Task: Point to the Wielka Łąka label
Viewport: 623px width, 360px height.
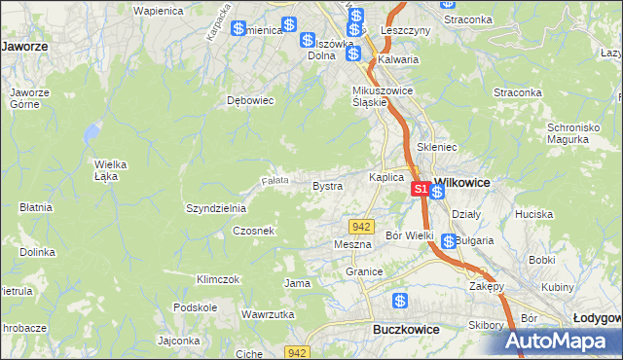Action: pyautogui.click(x=112, y=169)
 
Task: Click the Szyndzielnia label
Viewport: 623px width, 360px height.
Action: pyautogui.click(x=216, y=208)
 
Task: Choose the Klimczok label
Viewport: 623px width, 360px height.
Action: pyautogui.click(x=217, y=279)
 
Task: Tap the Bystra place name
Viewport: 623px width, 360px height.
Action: pyautogui.click(x=326, y=185)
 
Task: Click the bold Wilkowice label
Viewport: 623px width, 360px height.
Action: pyautogui.click(x=461, y=182)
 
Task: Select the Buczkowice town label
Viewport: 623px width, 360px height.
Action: pyautogui.click(x=406, y=330)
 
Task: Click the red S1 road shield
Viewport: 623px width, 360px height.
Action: pyautogui.click(x=421, y=188)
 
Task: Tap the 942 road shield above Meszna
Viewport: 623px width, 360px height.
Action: pyautogui.click(x=361, y=227)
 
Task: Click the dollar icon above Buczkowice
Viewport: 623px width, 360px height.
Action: pyautogui.click(x=399, y=302)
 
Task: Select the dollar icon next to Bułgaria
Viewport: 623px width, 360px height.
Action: pyautogui.click(x=447, y=241)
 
